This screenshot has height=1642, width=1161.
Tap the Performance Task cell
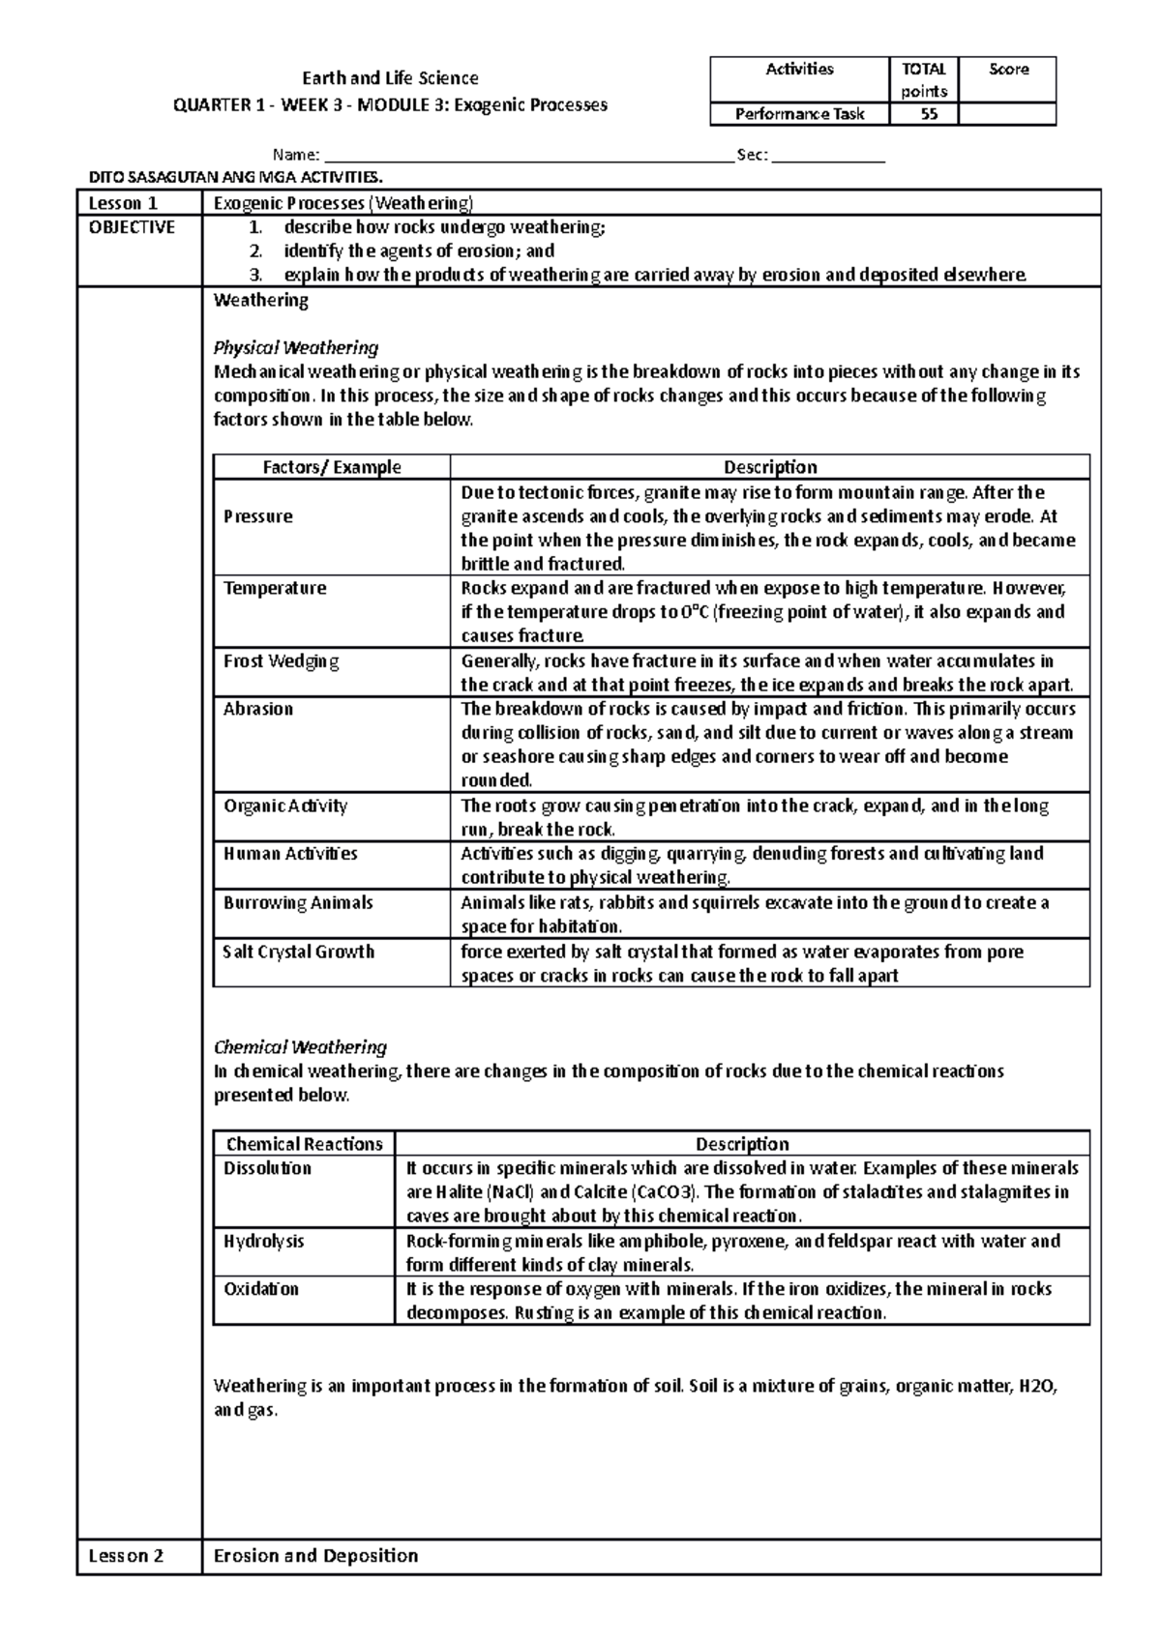[x=799, y=115]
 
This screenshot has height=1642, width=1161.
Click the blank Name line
[x=527, y=156]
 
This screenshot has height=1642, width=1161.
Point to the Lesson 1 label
[x=123, y=203]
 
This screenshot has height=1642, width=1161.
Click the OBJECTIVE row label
[x=132, y=227]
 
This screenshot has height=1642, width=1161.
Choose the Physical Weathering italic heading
[x=295, y=347]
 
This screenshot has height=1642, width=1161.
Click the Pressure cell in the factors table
[x=258, y=516]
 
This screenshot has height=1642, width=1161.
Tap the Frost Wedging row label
[x=282, y=661]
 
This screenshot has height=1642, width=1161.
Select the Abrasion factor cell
[x=258, y=709]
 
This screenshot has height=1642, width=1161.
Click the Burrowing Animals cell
[x=298, y=903]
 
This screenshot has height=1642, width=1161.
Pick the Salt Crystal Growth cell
[x=299, y=952]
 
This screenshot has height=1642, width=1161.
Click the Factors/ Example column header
[x=332, y=467]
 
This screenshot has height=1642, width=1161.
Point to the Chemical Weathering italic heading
[x=300, y=1047]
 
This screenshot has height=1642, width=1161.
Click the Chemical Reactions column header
[x=304, y=1144]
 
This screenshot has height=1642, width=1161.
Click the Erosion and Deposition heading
[x=315, y=1556]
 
